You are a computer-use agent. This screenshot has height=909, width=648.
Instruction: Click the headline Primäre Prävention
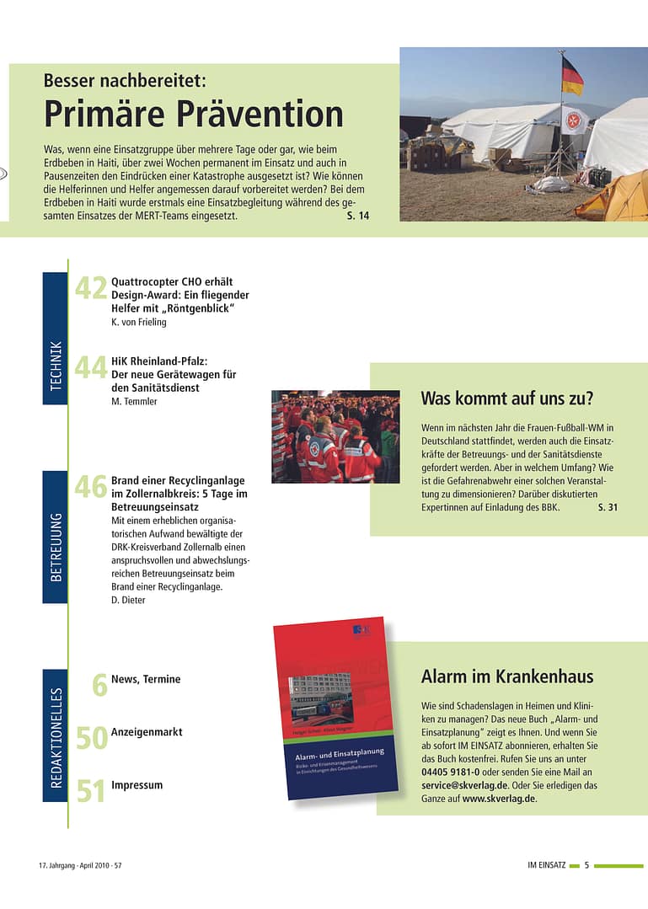point(194,115)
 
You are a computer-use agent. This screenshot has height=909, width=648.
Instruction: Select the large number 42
point(91,289)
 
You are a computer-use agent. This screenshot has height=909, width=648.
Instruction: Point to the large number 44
point(91,368)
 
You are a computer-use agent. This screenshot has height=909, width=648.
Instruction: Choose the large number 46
point(91,487)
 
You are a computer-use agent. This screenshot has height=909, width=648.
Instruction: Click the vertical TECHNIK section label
point(56,366)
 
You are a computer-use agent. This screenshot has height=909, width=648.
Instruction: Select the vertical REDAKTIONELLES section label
point(56,739)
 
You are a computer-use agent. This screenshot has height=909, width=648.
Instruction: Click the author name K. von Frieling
point(140,322)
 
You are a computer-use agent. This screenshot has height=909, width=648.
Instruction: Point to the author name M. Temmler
point(134,402)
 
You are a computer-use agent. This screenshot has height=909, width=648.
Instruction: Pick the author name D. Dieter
point(128,600)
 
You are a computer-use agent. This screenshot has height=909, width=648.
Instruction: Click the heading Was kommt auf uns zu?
point(506,398)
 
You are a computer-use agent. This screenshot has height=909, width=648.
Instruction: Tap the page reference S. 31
point(608,508)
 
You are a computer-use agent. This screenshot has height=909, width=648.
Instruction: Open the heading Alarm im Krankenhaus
point(507,676)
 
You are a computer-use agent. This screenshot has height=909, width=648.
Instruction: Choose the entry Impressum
point(137,785)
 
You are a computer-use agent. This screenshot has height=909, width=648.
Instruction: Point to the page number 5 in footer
point(586,865)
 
